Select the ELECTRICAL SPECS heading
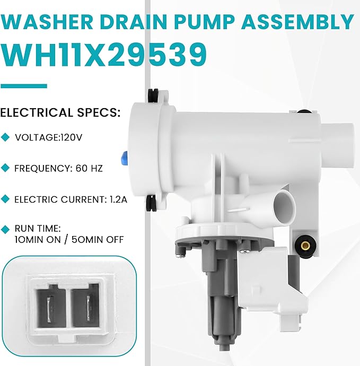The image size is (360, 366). pyautogui.click(x=60, y=112)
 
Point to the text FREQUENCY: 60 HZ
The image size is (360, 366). pyautogui.click(x=59, y=168)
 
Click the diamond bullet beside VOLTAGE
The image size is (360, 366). pyautogui.click(x=6, y=137)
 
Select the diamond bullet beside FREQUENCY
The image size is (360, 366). pyautogui.click(x=6, y=168)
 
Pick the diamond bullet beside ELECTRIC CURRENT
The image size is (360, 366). pyautogui.click(x=6, y=199)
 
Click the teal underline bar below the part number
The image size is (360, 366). pyautogui.click(x=23, y=85)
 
